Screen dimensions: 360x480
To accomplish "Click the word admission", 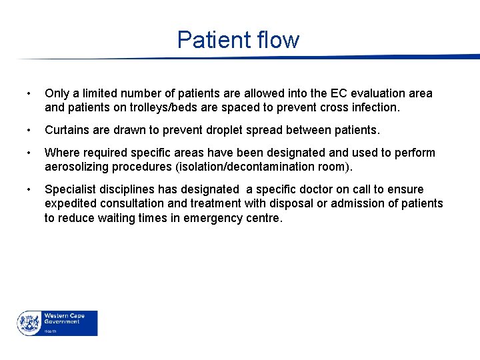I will (361, 203).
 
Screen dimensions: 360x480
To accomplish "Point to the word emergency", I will (211, 217).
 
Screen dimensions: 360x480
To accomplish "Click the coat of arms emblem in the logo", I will (29, 323).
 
